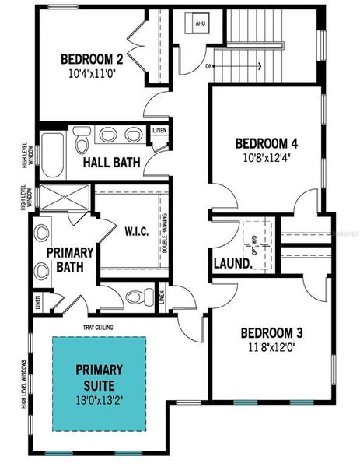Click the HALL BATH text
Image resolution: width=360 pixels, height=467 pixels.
tap(111, 163)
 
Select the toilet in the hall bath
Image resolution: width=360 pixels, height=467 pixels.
tap(82, 141)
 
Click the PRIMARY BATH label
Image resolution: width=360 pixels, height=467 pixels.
tap(70, 261)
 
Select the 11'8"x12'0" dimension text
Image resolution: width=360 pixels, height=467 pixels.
tap(267, 346)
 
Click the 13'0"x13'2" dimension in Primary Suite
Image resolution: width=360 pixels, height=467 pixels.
tap(100, 400)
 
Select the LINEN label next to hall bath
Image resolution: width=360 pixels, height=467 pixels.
tap(159, 131)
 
